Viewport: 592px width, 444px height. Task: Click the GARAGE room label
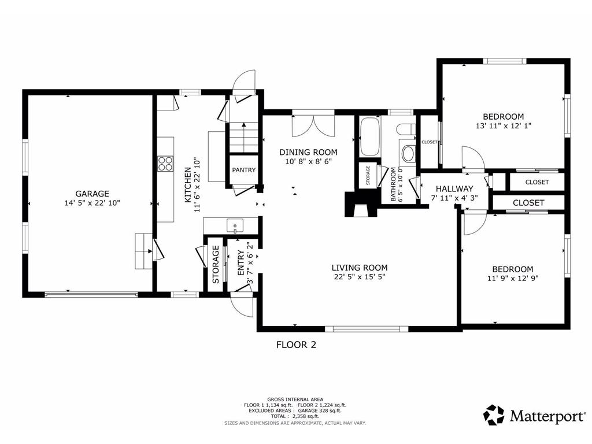92,194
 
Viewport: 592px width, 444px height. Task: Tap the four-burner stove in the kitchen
165,164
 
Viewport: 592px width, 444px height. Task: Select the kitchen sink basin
235,226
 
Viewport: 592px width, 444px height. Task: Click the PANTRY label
243,170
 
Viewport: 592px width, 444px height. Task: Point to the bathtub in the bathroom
369,136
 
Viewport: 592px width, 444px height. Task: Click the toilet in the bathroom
406,129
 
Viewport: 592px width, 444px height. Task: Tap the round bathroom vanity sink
408,154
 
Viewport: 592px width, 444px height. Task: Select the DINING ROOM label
308,152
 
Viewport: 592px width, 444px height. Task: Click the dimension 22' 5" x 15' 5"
360,277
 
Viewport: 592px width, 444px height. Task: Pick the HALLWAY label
454,189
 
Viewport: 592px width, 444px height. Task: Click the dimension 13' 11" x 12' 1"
504,125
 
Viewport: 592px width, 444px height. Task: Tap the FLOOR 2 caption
296,345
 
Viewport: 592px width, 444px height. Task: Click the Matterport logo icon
494,415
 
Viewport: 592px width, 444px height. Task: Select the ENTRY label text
240,263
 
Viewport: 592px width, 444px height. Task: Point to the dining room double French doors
313,125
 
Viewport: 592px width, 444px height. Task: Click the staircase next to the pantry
243,136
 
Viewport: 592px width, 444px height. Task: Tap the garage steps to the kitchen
144,251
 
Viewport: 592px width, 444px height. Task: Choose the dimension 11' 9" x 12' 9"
513,278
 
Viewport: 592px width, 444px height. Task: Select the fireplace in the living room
361,204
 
